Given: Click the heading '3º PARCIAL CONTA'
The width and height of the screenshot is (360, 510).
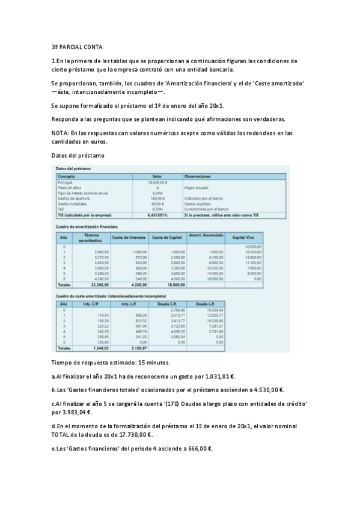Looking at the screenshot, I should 77,46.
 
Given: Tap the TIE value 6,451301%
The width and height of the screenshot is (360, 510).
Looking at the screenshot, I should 157,215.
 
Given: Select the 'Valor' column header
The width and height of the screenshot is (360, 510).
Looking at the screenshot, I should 157,176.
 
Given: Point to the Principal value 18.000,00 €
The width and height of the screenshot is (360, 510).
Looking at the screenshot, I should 157,182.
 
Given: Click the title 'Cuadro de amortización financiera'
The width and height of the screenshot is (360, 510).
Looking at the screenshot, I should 87,226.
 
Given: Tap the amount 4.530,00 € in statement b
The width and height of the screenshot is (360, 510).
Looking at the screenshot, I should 268,390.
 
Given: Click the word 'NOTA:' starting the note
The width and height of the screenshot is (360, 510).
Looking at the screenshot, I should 60,133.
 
